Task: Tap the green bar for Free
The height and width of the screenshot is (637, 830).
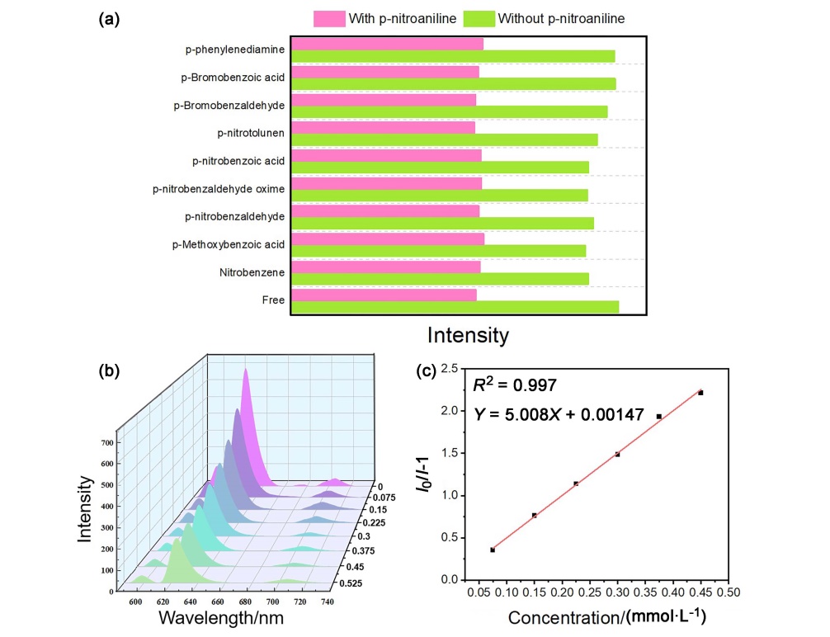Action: pos(455,307)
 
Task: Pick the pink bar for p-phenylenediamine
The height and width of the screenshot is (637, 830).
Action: pos(387,44)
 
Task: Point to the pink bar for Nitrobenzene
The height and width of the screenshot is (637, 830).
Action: pos(385,267)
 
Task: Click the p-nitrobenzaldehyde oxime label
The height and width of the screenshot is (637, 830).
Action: pos(219,189)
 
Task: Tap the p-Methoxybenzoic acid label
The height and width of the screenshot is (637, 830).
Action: pos(228,244)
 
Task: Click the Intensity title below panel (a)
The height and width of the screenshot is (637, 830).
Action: pos(468,336)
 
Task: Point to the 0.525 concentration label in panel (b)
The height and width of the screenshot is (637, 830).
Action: pos(350,584)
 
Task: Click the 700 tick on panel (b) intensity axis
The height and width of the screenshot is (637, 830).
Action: pos(107,443)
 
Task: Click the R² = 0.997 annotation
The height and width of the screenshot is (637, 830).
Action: pos(515,385)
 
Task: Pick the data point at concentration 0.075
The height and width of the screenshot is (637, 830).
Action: pos(493,550)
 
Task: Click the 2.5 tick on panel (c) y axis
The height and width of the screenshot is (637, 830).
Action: pos(449,368)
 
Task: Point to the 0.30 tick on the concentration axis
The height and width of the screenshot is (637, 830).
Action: pos(617,592)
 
